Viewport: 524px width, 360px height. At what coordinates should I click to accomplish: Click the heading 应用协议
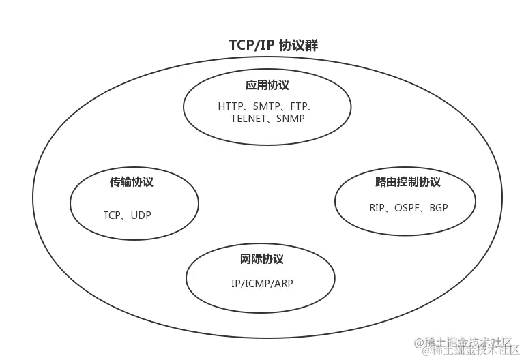coord(267,86)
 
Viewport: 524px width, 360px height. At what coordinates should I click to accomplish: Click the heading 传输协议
coord(132,182)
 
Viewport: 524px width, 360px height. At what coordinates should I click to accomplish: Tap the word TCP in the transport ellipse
coord(112,215)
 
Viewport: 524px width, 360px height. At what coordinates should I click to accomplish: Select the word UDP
coord(141,215)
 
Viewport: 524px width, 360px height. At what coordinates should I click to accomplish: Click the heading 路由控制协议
coord(407,182)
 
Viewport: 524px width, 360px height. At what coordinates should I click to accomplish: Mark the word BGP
coord(439,207)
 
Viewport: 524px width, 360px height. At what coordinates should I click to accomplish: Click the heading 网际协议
coord(262,259)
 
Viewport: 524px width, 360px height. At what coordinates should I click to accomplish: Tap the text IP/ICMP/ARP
coord(262,284)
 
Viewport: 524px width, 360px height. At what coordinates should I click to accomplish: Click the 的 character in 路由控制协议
coord(407,182)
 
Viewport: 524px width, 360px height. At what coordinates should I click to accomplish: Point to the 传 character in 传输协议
coord(116,182)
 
